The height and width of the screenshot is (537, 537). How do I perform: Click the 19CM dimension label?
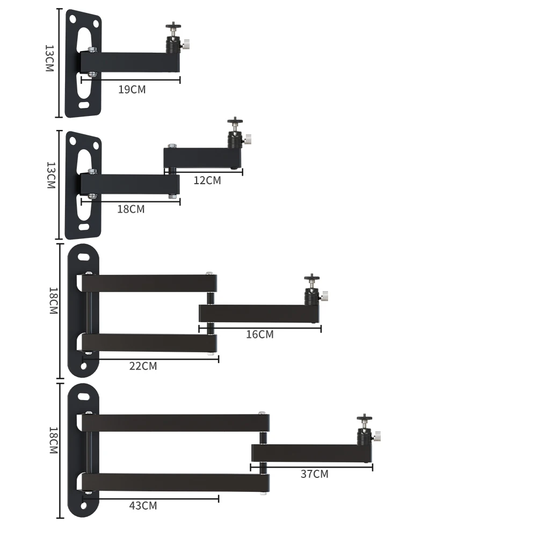click(x=132, y=89)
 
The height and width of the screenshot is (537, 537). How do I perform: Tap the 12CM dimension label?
click(x=207, y=180)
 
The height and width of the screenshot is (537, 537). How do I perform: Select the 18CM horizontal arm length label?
click(x=131, y=209)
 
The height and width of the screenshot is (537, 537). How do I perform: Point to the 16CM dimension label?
click(x=260, y=334)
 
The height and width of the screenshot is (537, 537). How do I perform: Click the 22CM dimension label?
click(x=143, y=366)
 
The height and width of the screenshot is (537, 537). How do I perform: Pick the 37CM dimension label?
click(x=314, y=474)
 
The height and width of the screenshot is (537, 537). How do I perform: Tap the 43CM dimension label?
click(x=143, y=505)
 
